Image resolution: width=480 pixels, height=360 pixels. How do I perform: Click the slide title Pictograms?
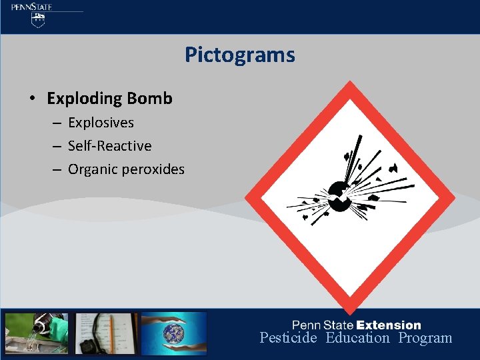coord(239,55)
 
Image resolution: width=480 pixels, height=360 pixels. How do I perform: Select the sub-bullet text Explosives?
coord(101,123)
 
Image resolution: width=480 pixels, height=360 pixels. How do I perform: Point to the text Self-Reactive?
coord(109,146)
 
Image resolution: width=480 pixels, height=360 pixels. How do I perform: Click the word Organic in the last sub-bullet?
coord(93,169)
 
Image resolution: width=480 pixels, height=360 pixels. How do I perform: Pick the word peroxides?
coord(153,169)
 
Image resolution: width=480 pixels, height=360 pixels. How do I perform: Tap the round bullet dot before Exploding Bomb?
coord(31,99)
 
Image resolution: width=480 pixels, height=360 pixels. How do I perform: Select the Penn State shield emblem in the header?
coord(38,20)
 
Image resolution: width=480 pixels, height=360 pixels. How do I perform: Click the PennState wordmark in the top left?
coord(31,7)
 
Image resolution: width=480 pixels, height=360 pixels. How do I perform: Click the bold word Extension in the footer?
coord(389,325)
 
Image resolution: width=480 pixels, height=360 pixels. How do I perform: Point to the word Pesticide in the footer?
coord(288,338)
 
